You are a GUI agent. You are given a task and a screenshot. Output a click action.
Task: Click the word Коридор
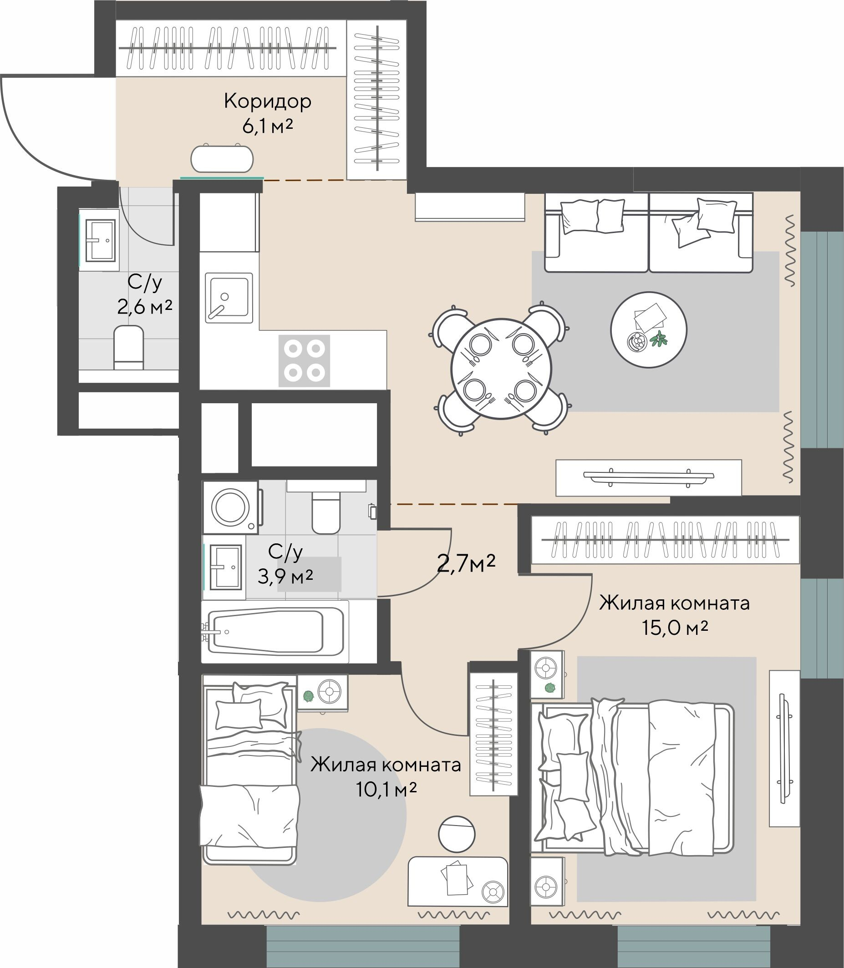coord(268,101)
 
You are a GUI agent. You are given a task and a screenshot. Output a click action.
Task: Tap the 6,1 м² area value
coord(268,126)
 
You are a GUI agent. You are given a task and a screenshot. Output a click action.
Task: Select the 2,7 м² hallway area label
coord(466,563)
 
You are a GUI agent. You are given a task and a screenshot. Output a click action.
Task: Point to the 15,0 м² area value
coord(675,628)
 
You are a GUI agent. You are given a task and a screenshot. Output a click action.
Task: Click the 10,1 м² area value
coord(386,790)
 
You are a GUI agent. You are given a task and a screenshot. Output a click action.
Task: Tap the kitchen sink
coord(229,298)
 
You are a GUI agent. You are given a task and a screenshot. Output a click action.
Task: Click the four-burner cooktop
coord(304,360)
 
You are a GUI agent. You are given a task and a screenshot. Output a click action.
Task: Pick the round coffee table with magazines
coord(649,329)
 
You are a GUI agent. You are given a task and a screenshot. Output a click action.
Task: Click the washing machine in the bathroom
coord(231,507)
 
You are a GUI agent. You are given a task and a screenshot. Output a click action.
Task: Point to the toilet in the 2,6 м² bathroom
coord(128,347)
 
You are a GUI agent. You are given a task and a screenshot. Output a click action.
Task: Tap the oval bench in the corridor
coord(222,159)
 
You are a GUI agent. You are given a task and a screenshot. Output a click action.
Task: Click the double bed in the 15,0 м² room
coord(634,777)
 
